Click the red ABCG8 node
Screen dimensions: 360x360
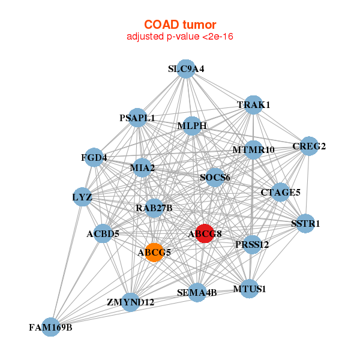pos(205,233)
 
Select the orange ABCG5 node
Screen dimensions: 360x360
pos(155,252)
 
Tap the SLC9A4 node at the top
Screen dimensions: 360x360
pos(186,69)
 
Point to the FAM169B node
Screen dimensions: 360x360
pos(51,327)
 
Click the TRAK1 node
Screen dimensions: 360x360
pos(254,105)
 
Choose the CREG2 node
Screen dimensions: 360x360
pos(309,146)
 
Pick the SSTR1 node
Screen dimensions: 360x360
pos(305,223)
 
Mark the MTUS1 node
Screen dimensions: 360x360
pos(250,289)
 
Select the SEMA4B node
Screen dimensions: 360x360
pos(197,292)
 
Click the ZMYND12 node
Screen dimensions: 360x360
pos(131,302)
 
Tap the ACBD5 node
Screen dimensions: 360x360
pos(103,233)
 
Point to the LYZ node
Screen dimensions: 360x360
pos(82,197)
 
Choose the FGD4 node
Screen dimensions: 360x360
pos(94,158)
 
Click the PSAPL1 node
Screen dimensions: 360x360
pos(137,118)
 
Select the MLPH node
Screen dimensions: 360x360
pos(192,126)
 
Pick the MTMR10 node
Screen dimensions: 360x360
pos(253,149)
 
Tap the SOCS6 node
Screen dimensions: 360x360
pos(215,177)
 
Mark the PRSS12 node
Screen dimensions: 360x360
pos(253,244)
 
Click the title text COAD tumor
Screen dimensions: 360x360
pos(180,25)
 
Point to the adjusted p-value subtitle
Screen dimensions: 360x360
pos(180,37)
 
